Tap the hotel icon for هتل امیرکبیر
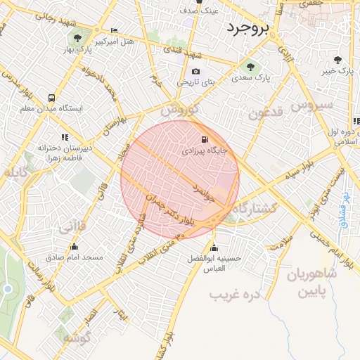point(115,30)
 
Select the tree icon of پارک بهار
point(77,38)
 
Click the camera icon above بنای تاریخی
point(195,71)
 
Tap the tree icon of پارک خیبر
point(338,60)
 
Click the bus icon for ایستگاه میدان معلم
point(51,98)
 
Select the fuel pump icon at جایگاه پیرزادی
point(205,139)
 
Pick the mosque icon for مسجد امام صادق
point(74,246)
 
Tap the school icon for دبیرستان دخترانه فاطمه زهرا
point(65,137)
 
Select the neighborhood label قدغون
point(265,112)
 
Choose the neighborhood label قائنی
point(73,226)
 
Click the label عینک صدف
point(200,11)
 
